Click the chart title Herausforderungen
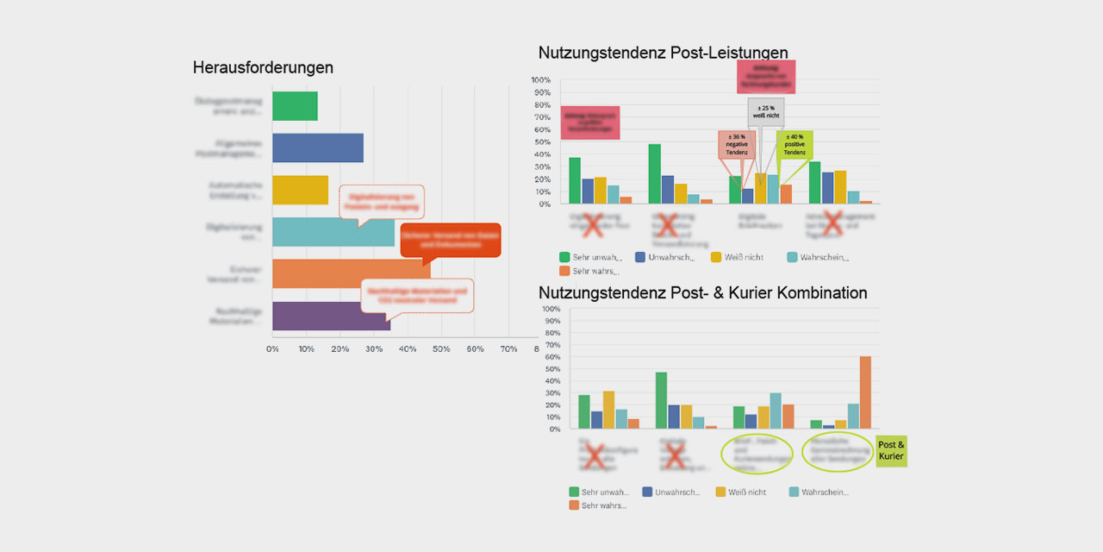[x=263, y=67]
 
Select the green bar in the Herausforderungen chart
[x=295, y=106]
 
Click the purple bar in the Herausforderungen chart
[x=331, y=317]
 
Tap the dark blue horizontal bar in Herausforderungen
[x=317, y=148]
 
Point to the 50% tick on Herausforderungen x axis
[x=441, y=348]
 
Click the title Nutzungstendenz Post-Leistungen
[x=663, y=53]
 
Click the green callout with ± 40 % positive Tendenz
[x=794, y=145]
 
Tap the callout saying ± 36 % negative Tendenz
[x=736, y=145]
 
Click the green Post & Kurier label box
[x=891, y=451]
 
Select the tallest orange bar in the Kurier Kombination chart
[x=865, y=392]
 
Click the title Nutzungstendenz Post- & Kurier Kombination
[x=702, y=293]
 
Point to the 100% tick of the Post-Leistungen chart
[x=540, y=81]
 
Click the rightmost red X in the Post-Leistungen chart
[x=832, y=223]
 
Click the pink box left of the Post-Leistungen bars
[x=589, y=122]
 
